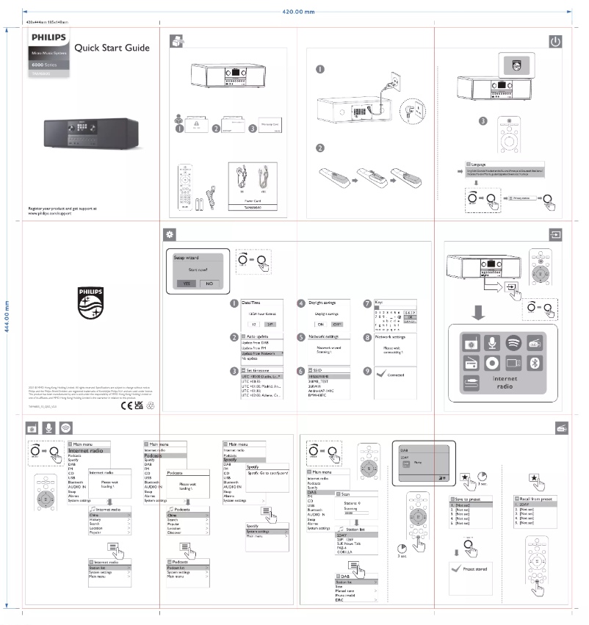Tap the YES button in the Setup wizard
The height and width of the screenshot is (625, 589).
188,283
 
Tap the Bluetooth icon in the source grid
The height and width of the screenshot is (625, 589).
535,362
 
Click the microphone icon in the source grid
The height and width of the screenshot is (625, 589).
491,344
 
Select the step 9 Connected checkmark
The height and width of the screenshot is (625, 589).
377,375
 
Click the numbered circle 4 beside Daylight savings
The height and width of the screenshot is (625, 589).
301,303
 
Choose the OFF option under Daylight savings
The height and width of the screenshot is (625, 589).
336,322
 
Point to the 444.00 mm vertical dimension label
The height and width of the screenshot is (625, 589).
7,317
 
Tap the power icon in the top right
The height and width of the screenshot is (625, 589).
554,40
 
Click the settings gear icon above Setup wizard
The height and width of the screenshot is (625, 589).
170,234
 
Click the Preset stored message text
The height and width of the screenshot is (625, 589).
474,568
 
